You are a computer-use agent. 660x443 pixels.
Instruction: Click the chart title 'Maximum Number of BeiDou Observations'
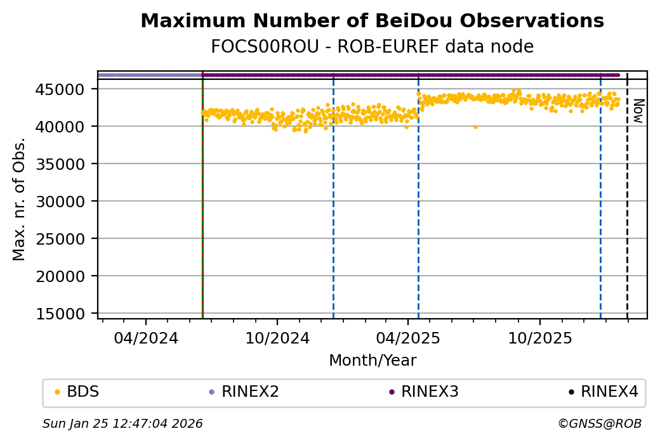point(372,21)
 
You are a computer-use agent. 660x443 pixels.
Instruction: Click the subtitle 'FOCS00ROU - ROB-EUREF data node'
point(372,47)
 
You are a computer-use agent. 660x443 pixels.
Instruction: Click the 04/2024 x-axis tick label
point(145,338)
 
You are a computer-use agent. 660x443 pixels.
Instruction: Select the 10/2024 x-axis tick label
point(277,338)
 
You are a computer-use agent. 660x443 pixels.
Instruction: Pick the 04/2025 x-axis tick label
point(408,338)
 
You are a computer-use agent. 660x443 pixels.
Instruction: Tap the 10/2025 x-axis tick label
point(539,338)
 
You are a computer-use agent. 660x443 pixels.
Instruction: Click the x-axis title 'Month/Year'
point(373,361)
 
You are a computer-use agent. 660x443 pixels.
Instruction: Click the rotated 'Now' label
point(638,112)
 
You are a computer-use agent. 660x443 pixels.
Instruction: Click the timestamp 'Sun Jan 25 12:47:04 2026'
point(122,423)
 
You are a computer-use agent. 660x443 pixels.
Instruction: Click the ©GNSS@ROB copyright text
point(599,423)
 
